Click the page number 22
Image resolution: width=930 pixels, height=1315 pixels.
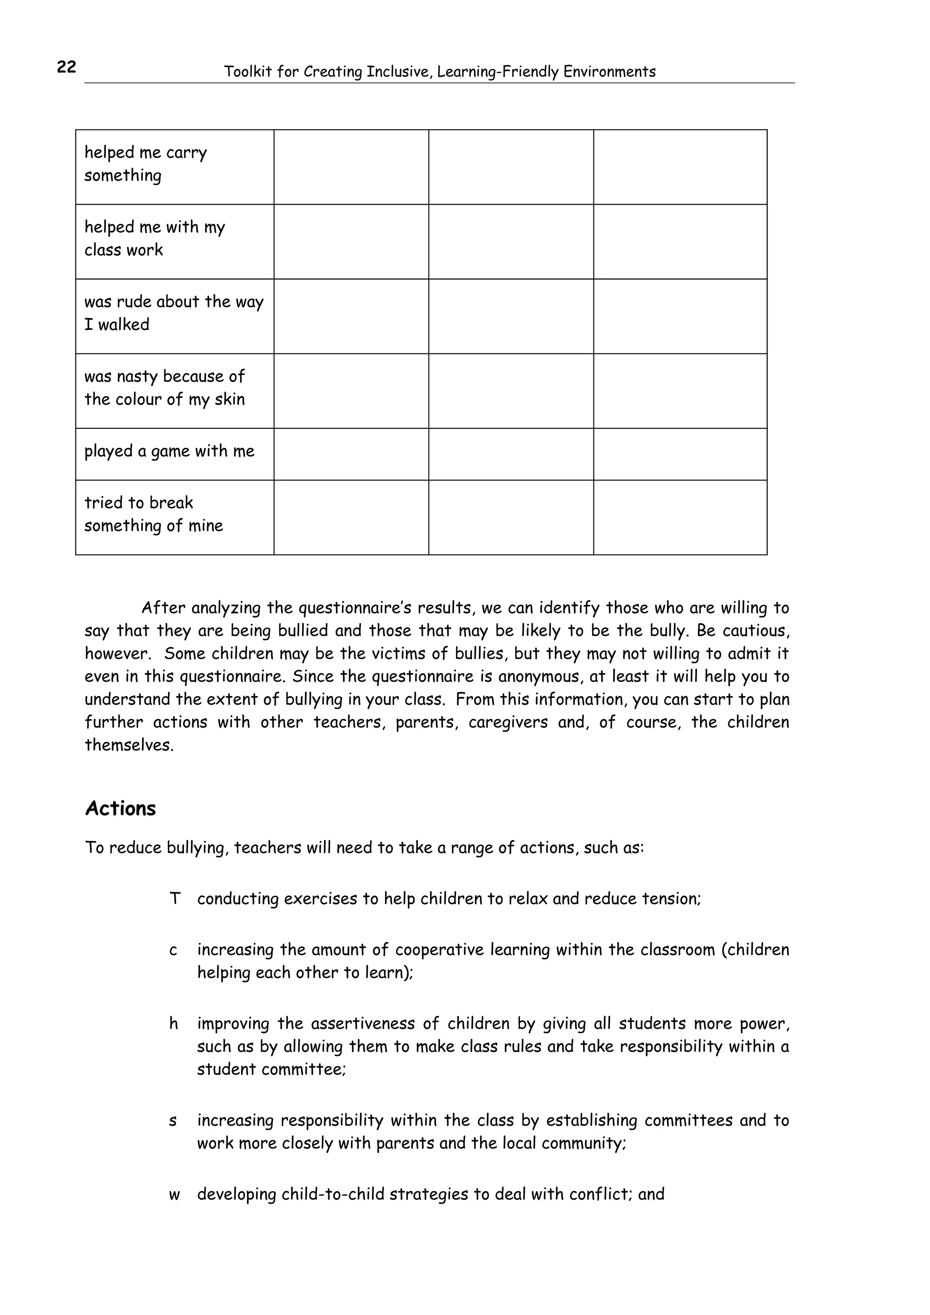[66, 67]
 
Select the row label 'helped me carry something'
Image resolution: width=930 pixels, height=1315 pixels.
[146, 164]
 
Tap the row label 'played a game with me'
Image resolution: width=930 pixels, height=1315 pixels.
[169, 451]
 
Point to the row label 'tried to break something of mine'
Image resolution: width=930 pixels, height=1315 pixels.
[153, 514]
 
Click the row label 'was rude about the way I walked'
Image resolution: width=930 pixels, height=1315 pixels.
[173, 313]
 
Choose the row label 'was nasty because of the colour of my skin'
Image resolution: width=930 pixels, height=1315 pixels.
[164, 388]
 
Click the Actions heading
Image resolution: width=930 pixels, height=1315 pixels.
[120, 809]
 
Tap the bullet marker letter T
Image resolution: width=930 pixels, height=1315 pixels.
[175, 898]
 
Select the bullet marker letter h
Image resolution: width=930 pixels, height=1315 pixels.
[173, 1024]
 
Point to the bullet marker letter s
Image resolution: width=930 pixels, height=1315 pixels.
[173, 1120]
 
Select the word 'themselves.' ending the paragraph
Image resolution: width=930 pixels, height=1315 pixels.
[129, 745]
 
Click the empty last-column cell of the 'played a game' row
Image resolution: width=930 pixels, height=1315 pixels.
[680, 454]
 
